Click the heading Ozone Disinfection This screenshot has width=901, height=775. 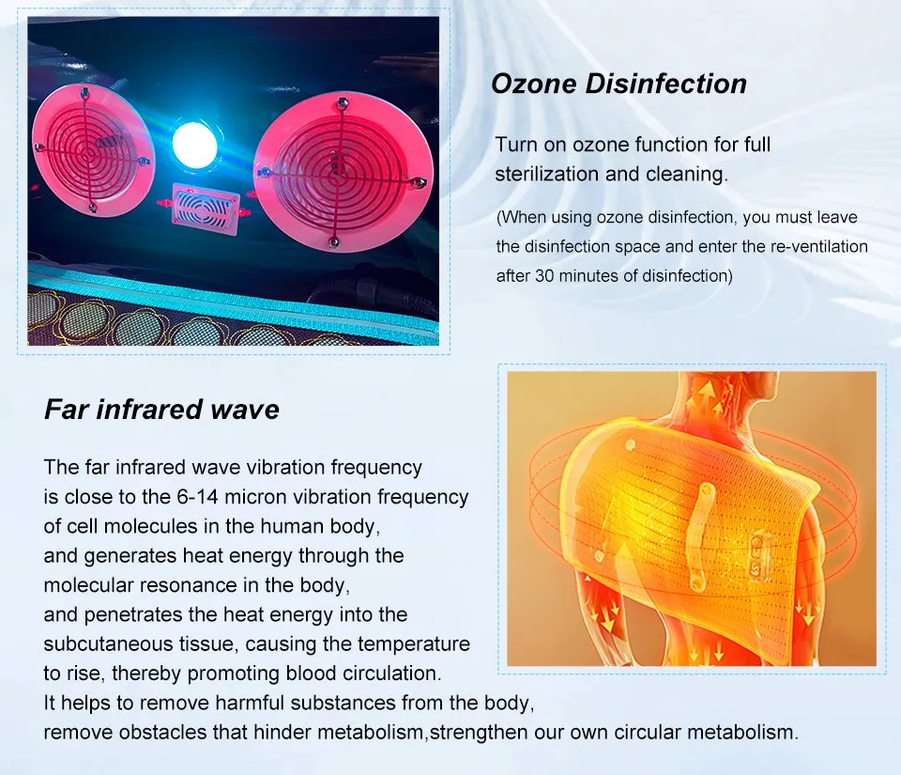click(x=618, y=84)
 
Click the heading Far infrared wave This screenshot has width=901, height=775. click(x=161, y=410)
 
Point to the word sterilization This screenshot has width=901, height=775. click(x=544, y=175)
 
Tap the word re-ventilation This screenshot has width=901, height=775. click(x=813, y=247)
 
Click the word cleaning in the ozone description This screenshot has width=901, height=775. click(x=687, y=175)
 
